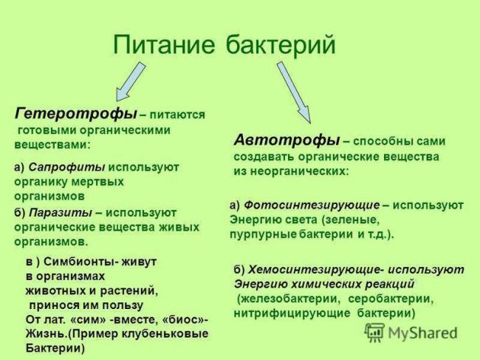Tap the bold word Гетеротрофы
click(x=75, y=114)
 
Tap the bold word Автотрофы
click(x=287, y=140)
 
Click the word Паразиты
click(x=61, y=213)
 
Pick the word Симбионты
click(x=74, y=262)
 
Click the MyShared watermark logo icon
click(x=375, y=332)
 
